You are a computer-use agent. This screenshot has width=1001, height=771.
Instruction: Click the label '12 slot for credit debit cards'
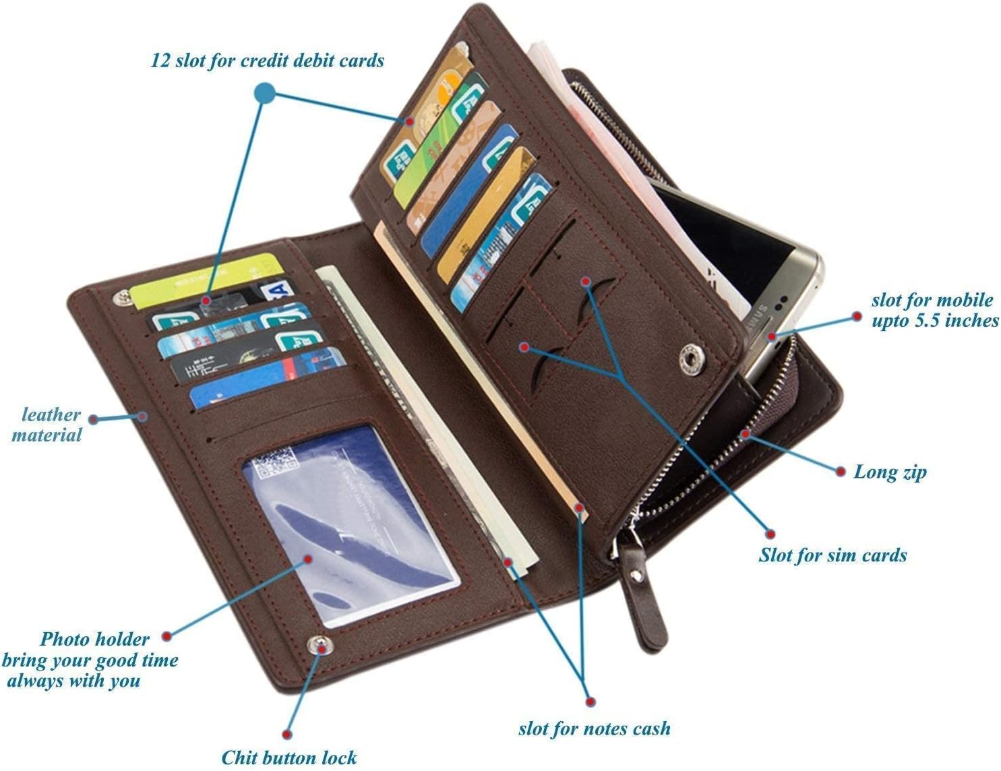[x=267, y=61]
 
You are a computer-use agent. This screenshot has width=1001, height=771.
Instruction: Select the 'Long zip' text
[x=890, y=472]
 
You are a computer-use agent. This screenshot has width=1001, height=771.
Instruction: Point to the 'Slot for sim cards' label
[x=832, y=555]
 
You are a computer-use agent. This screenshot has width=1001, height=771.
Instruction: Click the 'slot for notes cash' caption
[x=594, y=729]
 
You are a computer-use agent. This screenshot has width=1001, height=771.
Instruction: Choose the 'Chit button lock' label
[x=289, y=758]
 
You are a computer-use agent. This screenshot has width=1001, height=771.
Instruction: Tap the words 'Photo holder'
[x=94, y=639]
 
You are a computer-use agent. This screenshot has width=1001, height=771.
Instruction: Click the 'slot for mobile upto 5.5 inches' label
[x=934, y=310]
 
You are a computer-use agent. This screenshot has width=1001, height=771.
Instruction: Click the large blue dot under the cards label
[x=265, y=94]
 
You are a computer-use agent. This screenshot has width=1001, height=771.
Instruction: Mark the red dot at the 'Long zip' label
[x=840, y=471]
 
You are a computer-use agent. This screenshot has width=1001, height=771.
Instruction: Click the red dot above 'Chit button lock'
[x=288, y=733]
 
